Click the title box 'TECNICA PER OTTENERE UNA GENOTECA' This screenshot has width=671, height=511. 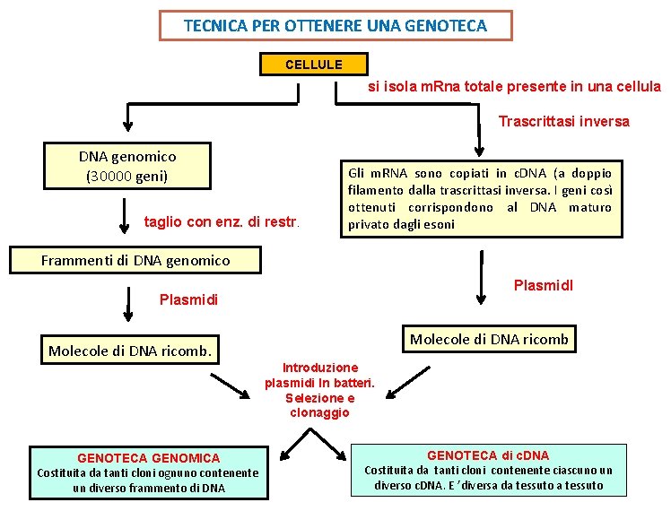pos(335,26)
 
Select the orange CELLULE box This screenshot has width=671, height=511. pos(313,65)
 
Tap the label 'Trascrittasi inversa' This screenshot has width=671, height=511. pos(563,121)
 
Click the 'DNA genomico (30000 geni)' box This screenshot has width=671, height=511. pos(126,166)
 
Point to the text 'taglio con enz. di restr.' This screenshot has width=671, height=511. pos(223,221)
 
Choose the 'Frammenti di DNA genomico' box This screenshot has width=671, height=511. pos(135,261)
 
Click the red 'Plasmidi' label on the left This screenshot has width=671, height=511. pos(187,299)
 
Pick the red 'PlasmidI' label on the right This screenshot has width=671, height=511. pos(543,286)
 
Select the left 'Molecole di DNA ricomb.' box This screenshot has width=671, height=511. pos(130,351)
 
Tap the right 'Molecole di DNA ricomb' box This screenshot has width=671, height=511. pos(489,339)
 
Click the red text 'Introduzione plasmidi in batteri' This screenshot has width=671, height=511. pos(319,376)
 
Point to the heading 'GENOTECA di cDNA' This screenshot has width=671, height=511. pos(487,455)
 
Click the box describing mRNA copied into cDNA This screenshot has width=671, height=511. pos(480,198)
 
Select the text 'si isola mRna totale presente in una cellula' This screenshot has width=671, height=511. pos(514,87)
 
